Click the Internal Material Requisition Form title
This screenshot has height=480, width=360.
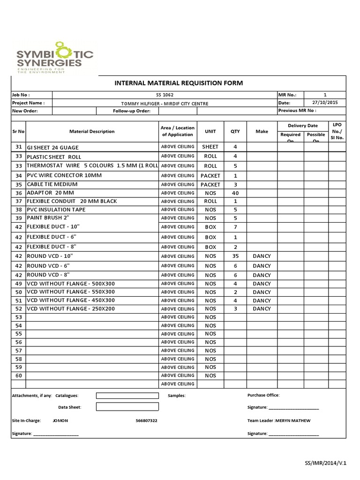coord(179,83)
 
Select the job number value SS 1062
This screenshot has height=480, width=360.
coord(165,95)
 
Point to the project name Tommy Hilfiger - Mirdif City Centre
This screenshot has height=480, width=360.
coord(165,103)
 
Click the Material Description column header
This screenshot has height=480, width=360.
coord(92,132)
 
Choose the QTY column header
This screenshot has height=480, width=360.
coord(235,132)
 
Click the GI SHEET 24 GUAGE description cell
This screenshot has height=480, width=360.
coord(52,148)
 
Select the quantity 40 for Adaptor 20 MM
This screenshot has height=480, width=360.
coord(235,193)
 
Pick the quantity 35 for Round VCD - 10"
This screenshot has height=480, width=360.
coord(235,256)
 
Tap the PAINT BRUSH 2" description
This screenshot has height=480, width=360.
coord(48,218)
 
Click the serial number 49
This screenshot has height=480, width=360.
coord(19,284)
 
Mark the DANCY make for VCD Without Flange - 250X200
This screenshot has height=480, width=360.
coord(262,309)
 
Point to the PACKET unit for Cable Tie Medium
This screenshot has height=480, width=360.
coord(210,185)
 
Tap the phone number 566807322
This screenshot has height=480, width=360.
coord(146,421)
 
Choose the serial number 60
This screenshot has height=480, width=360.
coord(19,375)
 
